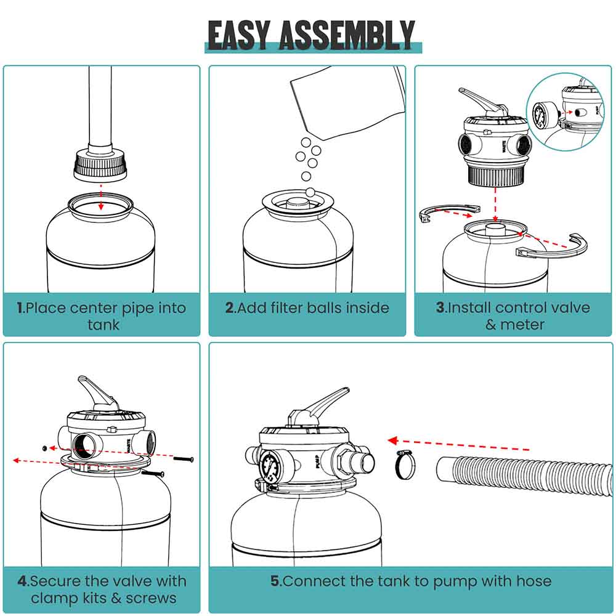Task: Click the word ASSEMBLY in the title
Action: (x=347, y=35)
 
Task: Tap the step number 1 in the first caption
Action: (x=21, y=308)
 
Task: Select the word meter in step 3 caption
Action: (x=523, y=324)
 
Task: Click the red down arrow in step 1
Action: (x=101, y=198)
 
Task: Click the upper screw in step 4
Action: (x=183, y=459)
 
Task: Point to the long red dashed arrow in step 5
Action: (x=459, y=445)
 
